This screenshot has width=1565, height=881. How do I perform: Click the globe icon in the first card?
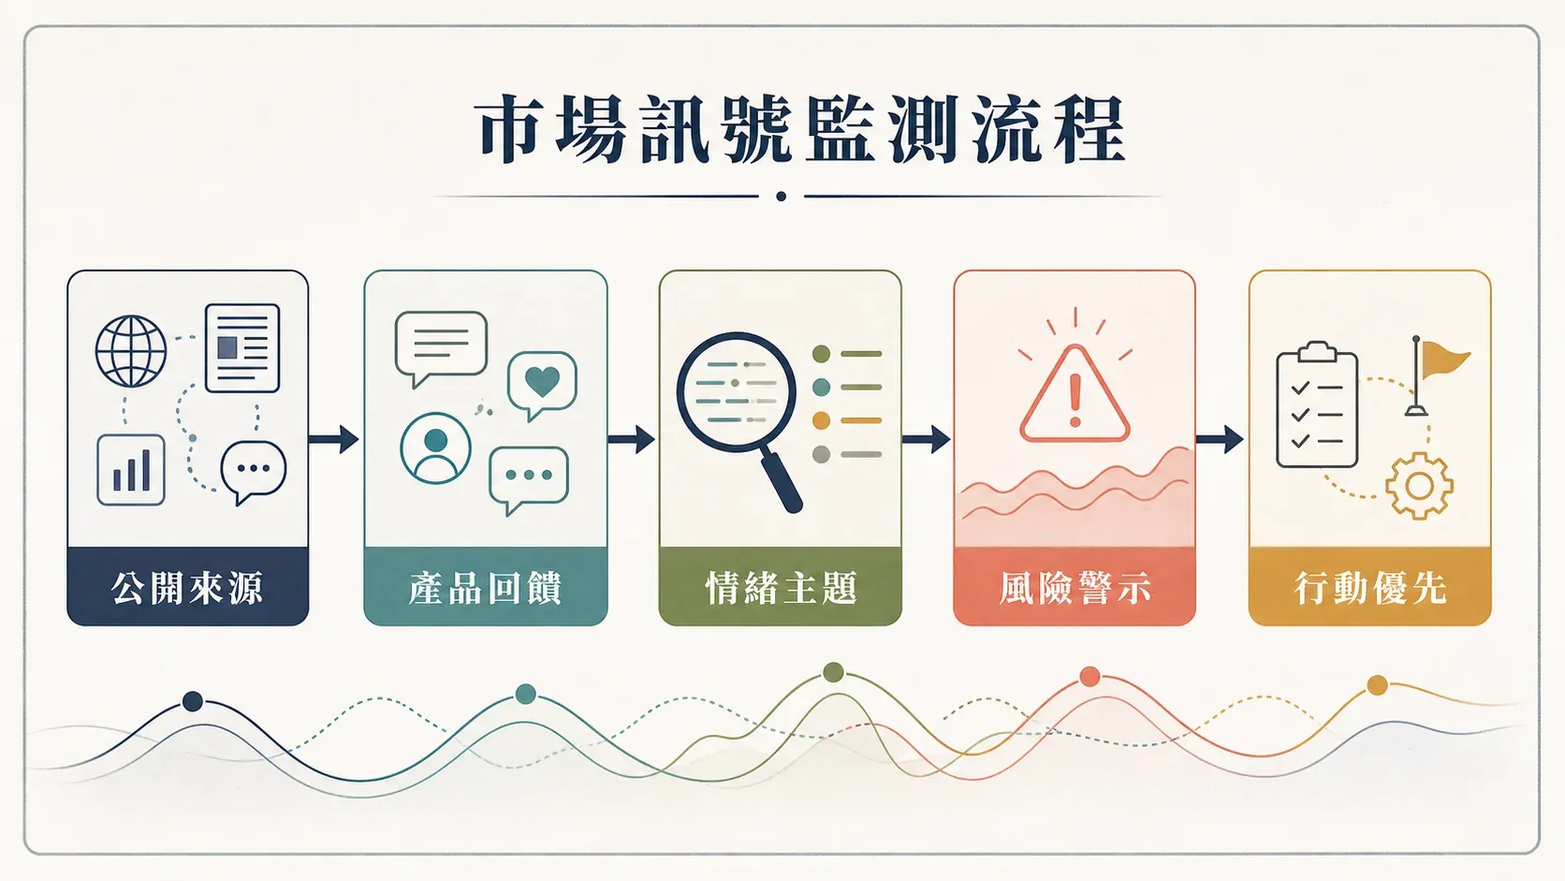(131, 351)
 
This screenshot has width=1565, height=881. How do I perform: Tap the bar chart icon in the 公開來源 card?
(131, 469)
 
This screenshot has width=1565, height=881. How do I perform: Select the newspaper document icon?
(242, 348)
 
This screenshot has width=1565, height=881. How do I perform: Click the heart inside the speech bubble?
(542, 381)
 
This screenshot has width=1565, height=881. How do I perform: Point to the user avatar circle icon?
(435, 448)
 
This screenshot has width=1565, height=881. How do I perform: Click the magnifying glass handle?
(782, 481)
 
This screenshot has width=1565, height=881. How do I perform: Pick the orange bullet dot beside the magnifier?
(821, 420)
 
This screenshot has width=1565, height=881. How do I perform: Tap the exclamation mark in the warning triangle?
(1075, 401)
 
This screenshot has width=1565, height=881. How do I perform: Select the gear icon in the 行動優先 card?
(1419, 486)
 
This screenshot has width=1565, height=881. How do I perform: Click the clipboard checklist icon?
(1317, 404)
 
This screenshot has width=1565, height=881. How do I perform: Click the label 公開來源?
(187, 588)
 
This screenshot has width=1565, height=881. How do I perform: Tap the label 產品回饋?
(486, 588)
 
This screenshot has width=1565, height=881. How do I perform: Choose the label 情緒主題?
(781, 588)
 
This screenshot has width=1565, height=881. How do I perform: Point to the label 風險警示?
(1075, 588)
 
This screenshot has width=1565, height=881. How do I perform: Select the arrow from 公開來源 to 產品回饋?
(334, 439)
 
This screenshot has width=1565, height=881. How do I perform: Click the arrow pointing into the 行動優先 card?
(1220, 439)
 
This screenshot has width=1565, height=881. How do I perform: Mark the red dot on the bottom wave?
(1090, 676)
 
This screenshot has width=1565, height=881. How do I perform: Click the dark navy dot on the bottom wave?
(193, 701)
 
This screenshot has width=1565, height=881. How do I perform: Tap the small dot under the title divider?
(782, 197)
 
